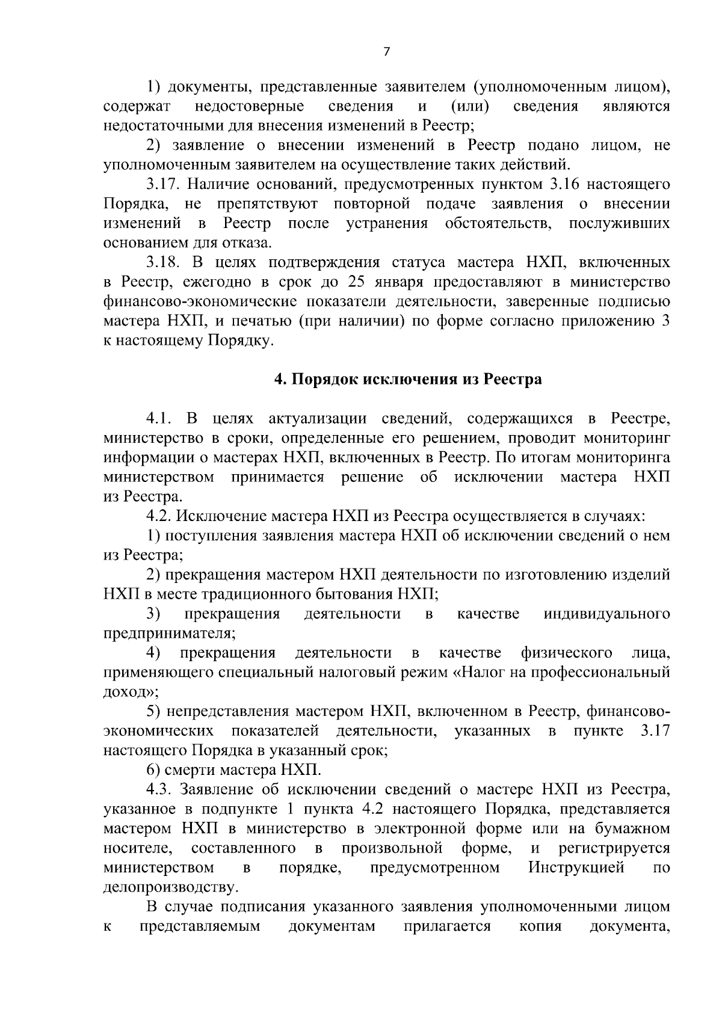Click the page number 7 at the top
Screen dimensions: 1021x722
(x=386, y=52)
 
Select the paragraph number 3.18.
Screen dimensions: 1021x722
(x=166, y=263)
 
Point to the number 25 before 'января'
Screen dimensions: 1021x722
(x=359, y=282)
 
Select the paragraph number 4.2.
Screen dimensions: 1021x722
(x=159, y=516)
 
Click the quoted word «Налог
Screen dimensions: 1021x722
(x=479, y=672)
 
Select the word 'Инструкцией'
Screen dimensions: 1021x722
(x=576, y=868)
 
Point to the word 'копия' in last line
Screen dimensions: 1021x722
(x=540, y=926)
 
